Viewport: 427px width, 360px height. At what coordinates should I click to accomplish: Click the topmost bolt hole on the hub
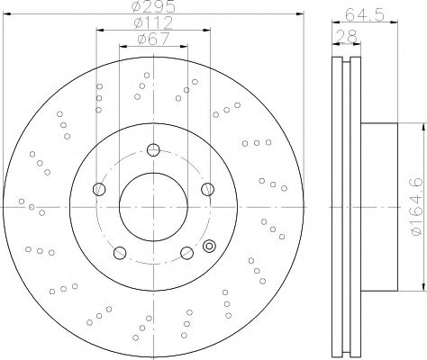(154, 150)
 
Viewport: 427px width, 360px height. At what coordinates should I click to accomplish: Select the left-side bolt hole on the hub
(100, 189)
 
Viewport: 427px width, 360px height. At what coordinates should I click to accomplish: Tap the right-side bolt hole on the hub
(207, 189)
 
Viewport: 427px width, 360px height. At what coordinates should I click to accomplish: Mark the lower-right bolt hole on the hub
(186, 251)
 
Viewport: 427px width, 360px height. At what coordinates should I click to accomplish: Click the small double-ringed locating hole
(211, 244)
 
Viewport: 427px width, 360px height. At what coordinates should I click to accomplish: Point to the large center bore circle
(154, 207)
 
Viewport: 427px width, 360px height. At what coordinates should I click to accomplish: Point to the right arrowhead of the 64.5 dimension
(392, 24)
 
